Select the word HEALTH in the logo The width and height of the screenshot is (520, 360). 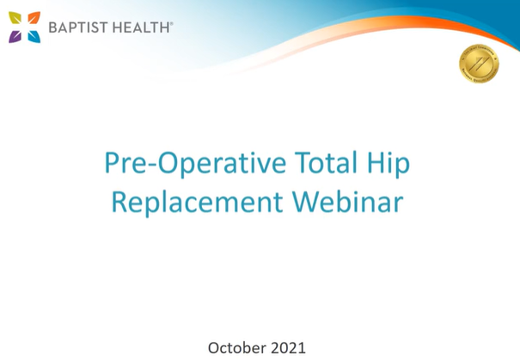click(141, 27)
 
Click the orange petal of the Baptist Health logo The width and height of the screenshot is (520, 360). click(34, 18)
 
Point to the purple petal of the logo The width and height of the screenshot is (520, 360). click(16, 36)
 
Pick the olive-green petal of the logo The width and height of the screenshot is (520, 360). click(16, 18)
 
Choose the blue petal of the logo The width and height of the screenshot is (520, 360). click(34, 36)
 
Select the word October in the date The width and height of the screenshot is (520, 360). click(236, 347)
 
